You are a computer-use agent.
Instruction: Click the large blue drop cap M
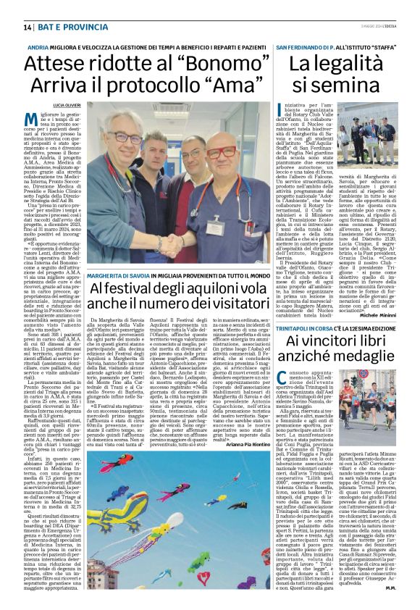[30, 120]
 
